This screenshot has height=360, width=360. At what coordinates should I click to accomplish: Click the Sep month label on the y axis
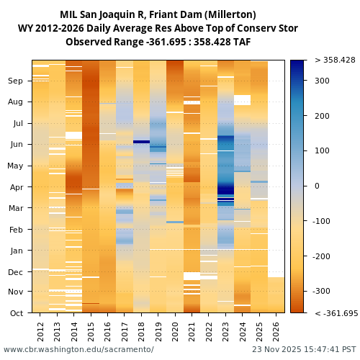coord(16,81)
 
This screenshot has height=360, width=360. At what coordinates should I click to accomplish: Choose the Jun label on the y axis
coord(16,145)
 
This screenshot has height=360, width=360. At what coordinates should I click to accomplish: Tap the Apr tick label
coord(16,187)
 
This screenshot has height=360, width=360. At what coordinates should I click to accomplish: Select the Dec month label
coord(16,272)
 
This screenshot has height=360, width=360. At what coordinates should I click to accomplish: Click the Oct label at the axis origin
coord(16,313)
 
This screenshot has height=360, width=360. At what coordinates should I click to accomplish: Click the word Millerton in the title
coord(231,15)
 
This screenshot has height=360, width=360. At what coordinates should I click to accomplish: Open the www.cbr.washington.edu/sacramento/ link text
coord(78,349)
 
